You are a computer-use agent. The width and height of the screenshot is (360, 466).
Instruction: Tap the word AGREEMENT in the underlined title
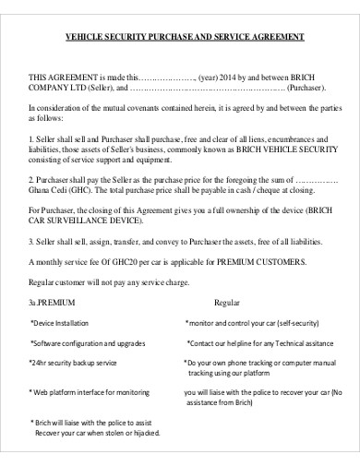277,38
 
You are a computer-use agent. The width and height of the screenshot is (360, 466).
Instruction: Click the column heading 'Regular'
227,302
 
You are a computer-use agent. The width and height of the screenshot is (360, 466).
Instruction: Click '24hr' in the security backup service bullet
39,363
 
